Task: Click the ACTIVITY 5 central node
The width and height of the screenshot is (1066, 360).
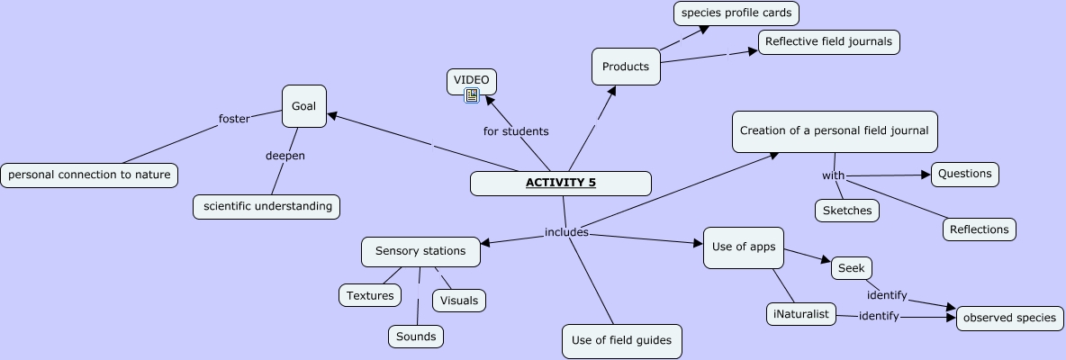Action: (560, 183)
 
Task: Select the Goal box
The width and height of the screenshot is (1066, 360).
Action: (303, 106)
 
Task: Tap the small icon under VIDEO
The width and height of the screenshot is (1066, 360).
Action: (472, 95)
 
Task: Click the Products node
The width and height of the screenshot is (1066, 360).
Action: (626, 67)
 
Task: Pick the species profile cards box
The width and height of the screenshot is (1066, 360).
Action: (736, 13)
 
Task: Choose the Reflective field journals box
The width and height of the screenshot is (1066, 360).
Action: (828, 41)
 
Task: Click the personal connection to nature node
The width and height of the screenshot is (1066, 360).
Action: (89, 175)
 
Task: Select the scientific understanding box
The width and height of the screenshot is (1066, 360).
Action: (266, 206)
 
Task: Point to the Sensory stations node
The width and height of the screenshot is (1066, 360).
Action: (420, 251)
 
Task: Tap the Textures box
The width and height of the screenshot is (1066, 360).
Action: (370, 295)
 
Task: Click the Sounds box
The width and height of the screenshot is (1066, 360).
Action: (416, 337)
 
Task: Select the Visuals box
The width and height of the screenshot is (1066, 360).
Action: (459, 301)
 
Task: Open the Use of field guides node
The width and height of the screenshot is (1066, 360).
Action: (621, 340)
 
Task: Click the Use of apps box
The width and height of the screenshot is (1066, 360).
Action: (743, 247)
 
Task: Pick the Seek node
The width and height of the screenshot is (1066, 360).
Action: (851, 268)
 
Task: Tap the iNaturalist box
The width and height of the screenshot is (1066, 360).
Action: (801, 314)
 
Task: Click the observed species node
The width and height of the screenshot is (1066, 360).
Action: (1009, 318)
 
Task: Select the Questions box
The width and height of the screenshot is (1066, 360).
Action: (965, 174)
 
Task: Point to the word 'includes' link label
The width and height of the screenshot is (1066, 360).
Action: (566, 232)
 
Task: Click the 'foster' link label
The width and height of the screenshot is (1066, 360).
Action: (234, 119)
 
